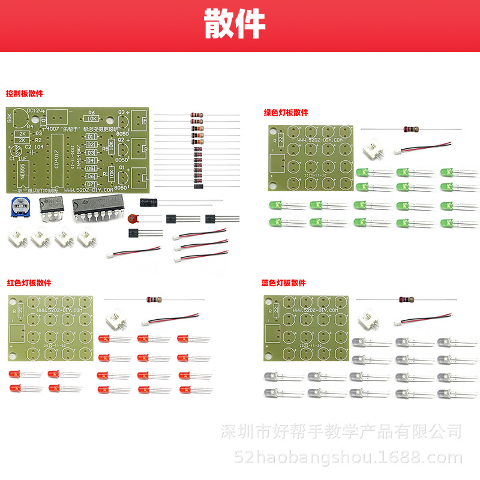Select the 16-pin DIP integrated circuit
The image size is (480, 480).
pos(97,206)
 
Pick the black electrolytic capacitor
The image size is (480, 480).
pos(149,203)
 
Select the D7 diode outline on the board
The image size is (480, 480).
pos(91,184)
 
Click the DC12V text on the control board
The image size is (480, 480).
pos(35,110)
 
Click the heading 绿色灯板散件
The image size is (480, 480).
pos(286,112)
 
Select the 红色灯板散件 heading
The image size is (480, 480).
pos(29,283)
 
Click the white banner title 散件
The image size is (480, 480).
pos(235,24)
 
